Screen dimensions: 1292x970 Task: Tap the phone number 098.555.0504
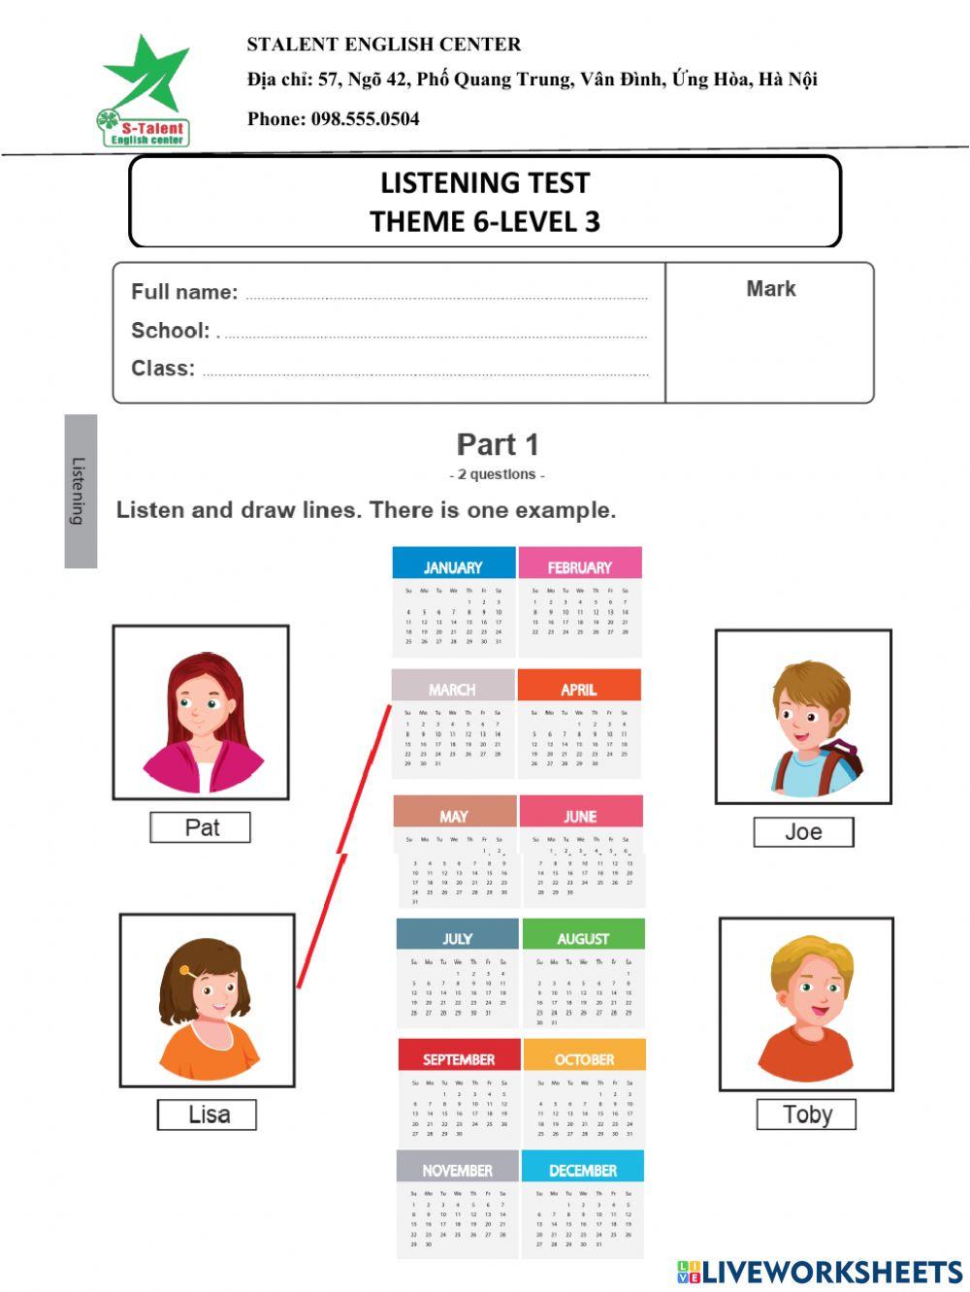[365, 119]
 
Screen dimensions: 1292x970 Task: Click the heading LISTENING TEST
[484, 183]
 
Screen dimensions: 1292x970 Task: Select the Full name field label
[184, 292]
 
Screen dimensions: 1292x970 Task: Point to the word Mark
[770, 289]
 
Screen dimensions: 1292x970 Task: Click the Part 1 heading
[497, 444]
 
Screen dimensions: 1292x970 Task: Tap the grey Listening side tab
[81, 491]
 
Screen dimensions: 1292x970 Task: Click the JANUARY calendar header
[453, 566]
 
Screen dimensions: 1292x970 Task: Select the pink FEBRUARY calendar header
[579, 566]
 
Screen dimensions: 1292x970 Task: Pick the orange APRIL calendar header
[578, 689]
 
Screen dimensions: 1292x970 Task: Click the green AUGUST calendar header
[583, 938]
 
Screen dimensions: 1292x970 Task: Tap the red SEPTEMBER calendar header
[459, 1059]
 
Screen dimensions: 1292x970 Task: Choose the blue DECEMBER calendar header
[582, 1170]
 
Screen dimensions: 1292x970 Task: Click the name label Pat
[201, 827]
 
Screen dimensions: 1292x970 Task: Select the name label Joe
[803, 832]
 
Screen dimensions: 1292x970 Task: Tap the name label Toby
[806, 1114]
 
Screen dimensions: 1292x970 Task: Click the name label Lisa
[208, 1114]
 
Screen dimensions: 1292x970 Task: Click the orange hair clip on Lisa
[185, 970]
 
